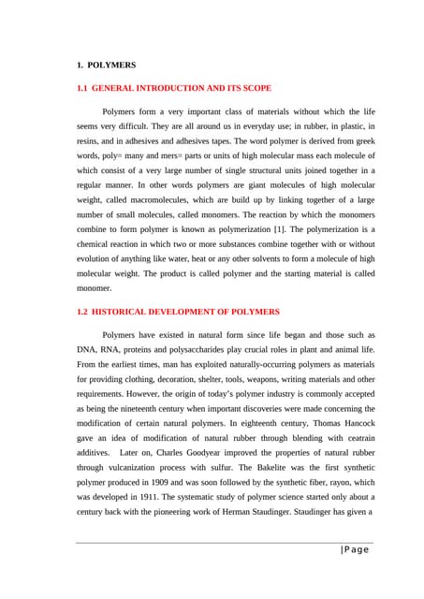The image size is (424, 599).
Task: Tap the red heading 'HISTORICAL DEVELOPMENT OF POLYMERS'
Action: (x=185, y=311)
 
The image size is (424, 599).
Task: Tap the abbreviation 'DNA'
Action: (x=87, y=348)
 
